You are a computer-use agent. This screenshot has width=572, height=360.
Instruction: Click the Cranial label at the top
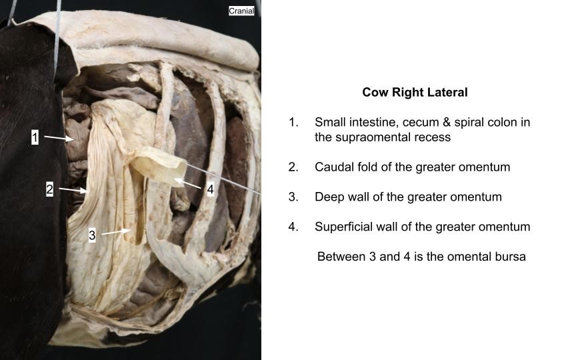(x=241, y=11)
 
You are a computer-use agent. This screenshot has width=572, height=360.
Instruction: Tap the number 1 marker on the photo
(x=35, y=137)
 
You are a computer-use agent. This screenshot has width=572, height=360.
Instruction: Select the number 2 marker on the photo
(x=49, y=189)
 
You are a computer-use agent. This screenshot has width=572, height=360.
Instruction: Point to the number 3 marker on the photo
(x=92, y=235)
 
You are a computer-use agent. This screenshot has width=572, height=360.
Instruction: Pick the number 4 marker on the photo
(x=210, y=189)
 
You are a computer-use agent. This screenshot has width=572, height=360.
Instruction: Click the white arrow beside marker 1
(x=59, y=138)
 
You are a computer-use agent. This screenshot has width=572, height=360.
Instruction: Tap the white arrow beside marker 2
(x=73, y=190)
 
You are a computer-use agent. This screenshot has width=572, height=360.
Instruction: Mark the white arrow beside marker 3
(x=115, y=232)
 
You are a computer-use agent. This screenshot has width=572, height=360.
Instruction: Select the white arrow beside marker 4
(x=187, y=183)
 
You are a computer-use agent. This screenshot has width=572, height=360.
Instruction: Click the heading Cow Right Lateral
(x=415, y=92)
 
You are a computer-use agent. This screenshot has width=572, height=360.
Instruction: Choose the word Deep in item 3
(x=329, y=197)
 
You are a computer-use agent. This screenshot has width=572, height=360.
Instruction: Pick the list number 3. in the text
(x=293, y=197)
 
